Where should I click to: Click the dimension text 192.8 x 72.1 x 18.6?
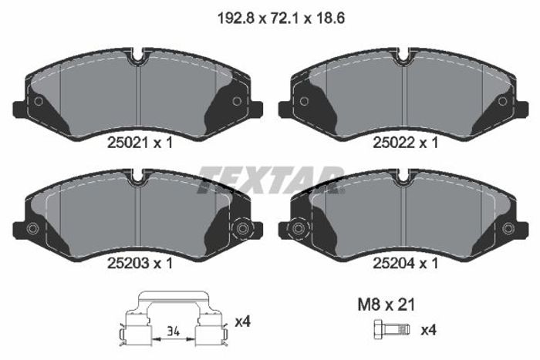point(281,19)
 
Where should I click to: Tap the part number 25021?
point(128,143)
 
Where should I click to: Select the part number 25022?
point(393,143)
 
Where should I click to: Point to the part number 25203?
point(128,264)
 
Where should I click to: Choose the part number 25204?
point(393,264)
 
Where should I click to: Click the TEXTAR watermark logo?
point(271,180)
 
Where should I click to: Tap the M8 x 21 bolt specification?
point(386,304)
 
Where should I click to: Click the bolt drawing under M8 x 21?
point(392,330)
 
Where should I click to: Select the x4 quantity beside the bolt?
point(428,330)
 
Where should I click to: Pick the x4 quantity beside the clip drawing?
point(242,322)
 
